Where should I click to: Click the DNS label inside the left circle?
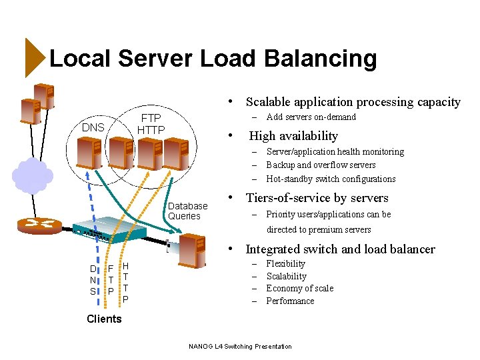[x=93, y=127]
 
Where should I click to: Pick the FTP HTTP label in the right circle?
[x=151, y=123]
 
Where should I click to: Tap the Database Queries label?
[x=187, y=211]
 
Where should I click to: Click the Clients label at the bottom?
[x=104, y=319]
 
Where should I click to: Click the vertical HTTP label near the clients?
[x=125, y=282]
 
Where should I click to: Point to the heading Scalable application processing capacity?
[x=353, y=102]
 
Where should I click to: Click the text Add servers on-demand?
[x=311, y=117]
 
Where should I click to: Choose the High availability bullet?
[x=293, y=136]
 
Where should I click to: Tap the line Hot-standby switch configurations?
[x=331, y=179]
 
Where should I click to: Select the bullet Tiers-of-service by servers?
[x=317, y=198]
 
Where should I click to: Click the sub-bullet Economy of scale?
[x=299, y=289]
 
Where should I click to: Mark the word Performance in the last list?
[x=290, y=301]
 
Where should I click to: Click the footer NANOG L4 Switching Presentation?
[x=240, y=346]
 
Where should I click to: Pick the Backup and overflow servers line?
[x=321, y=165]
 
